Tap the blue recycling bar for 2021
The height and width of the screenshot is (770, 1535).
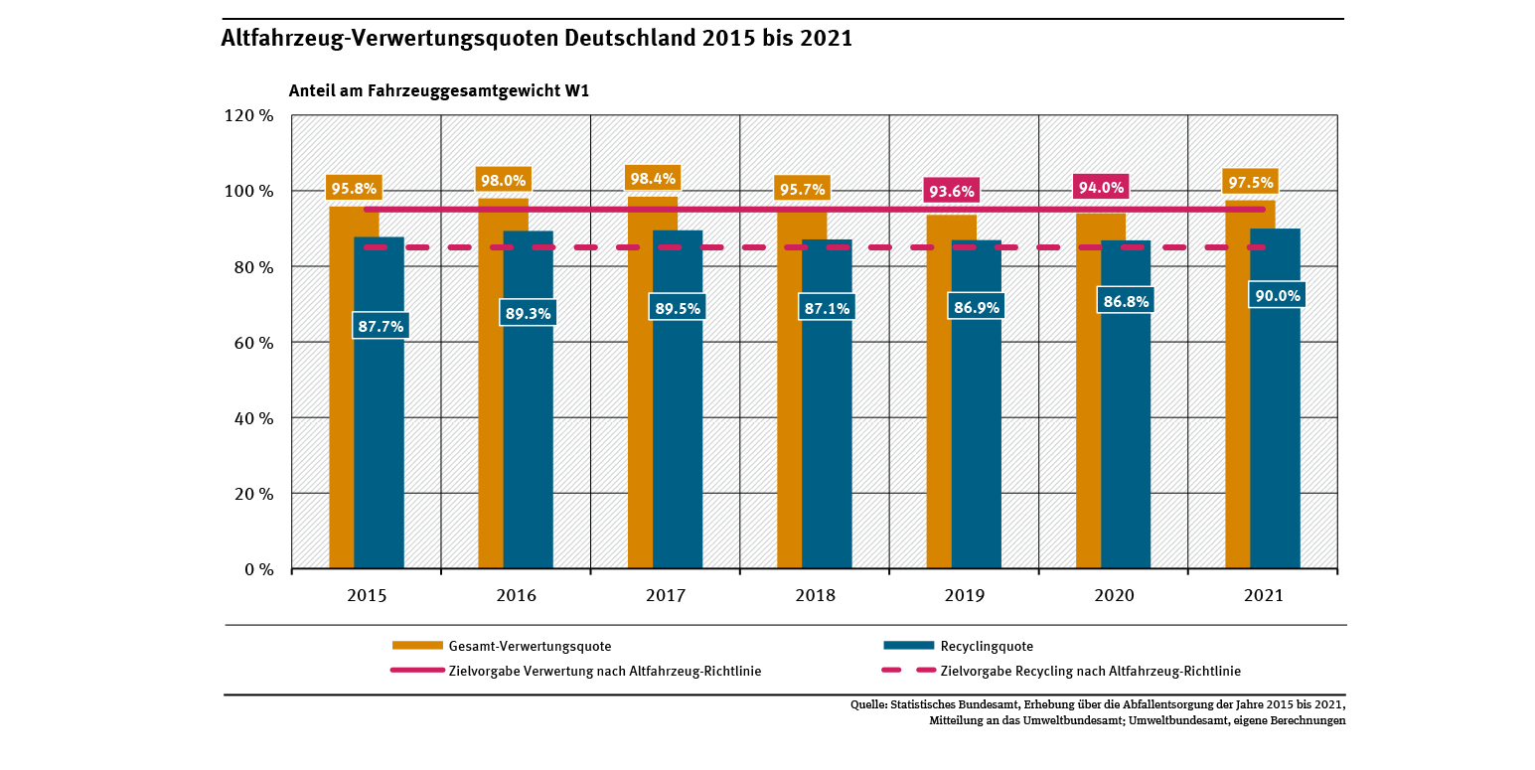click(1275, 447)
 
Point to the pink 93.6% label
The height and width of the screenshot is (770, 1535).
click(951, 191)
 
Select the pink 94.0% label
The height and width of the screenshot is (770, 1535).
click(1101, 188)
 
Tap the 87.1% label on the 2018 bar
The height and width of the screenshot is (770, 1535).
click(826, 308)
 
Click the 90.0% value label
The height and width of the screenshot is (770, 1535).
click(1276, 295)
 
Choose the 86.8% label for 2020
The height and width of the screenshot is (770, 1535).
click(1126, 300)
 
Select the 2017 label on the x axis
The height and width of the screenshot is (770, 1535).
click(666, 596)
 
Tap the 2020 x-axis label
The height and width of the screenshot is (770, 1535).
click(1114, 596)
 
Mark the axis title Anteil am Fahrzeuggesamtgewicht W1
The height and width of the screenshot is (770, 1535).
click(439, 90)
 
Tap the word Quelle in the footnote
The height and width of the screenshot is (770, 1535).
click(870, 704)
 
